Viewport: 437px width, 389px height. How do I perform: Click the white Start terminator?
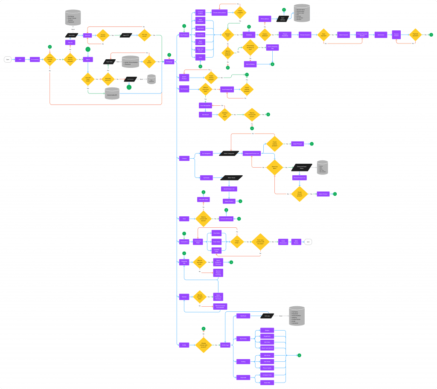coord(7,59)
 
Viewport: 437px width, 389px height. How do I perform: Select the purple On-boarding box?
coord(35,59)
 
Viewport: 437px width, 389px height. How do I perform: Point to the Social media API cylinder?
coord(112,95)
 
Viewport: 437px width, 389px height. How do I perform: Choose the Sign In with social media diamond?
coord(88,79)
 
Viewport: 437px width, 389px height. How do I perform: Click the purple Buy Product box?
coord(184,35)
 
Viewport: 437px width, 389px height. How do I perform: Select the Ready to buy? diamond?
coord(227,35)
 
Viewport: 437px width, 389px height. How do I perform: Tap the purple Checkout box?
coord(249,35)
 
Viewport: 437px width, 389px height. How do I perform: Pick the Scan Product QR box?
coord(227,89)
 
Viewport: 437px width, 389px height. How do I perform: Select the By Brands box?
coord(207,177)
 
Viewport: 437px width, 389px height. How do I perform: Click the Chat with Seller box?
coord(203,199)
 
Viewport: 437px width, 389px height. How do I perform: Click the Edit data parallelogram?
coord(267,316)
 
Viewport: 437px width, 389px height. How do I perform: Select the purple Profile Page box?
coord(225,345)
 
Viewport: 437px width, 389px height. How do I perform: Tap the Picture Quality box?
coord(267,367)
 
